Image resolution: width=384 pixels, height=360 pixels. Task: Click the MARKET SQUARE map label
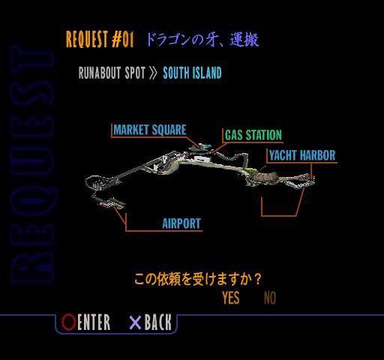pyautogui.click(x=150, y=130)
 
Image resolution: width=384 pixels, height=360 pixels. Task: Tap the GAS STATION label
pyautogui.click(x=253, y=135)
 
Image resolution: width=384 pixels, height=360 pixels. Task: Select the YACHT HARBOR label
pyautogui.click(x=302, y=155)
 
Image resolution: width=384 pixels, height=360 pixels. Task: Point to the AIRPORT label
pyautogui.click(x=181, y=223)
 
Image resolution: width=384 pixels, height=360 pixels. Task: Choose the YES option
pyautogui.click(x=231, y=298)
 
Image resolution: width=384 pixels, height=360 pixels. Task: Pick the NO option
pyautogui.click(x=270, y=298)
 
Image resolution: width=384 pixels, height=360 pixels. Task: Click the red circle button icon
pyautogui.click(x=68, y=322)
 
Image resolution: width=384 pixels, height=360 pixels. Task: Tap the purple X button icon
pyautogui.click(x=135, y=322)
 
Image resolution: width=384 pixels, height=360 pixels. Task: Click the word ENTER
pyautogui.click(x=94, y=322)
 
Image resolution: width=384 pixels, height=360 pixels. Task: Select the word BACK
pyautogui.click(x=158, y=322)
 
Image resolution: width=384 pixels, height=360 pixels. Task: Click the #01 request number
pyautogui.click(x=123, y=39)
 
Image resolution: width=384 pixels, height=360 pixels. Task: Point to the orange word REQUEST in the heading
pyautogui.click(x=87, y=39)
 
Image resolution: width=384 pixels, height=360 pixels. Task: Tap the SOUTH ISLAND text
pyautogui.click(x=192, y=73)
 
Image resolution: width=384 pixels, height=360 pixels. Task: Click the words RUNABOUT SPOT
pyautogui.click(x=112, y=73)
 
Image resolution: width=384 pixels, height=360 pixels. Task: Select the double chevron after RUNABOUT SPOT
pyautogui.click(x=153, y=73)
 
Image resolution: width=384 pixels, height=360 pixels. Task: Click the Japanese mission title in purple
pyautogui.click(x=202, y=40)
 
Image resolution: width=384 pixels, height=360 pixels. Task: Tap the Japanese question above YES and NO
pyautogui.click(x=198, y=279)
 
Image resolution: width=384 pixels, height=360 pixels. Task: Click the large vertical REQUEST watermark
pyautogui.click(x=32, y=165)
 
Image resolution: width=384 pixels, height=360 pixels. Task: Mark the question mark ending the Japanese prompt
pyautogui.click(x=256, y=279)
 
